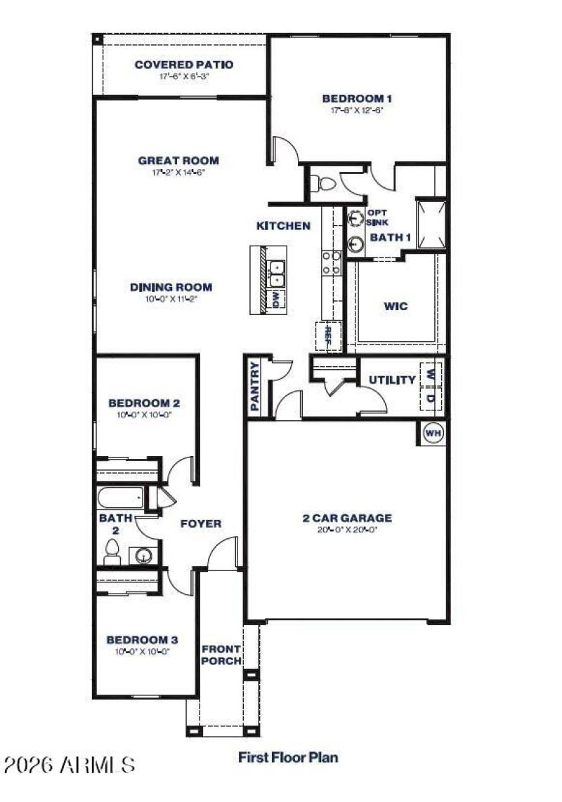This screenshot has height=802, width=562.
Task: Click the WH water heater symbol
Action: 433,434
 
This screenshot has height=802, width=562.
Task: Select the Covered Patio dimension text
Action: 184,76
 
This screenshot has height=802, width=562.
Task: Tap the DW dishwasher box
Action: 275,299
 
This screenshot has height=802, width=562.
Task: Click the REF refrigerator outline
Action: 327,336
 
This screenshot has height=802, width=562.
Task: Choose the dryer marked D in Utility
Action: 431,398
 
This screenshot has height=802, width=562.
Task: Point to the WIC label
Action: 395,307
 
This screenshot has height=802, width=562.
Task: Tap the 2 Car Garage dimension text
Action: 346,530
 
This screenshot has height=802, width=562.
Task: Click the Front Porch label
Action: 221,655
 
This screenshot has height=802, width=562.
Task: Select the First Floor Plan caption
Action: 288,757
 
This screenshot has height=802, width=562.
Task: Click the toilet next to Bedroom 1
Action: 325,184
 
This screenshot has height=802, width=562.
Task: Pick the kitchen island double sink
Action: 277,273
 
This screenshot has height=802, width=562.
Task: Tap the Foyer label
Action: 201,523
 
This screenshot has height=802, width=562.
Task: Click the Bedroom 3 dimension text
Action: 142,651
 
